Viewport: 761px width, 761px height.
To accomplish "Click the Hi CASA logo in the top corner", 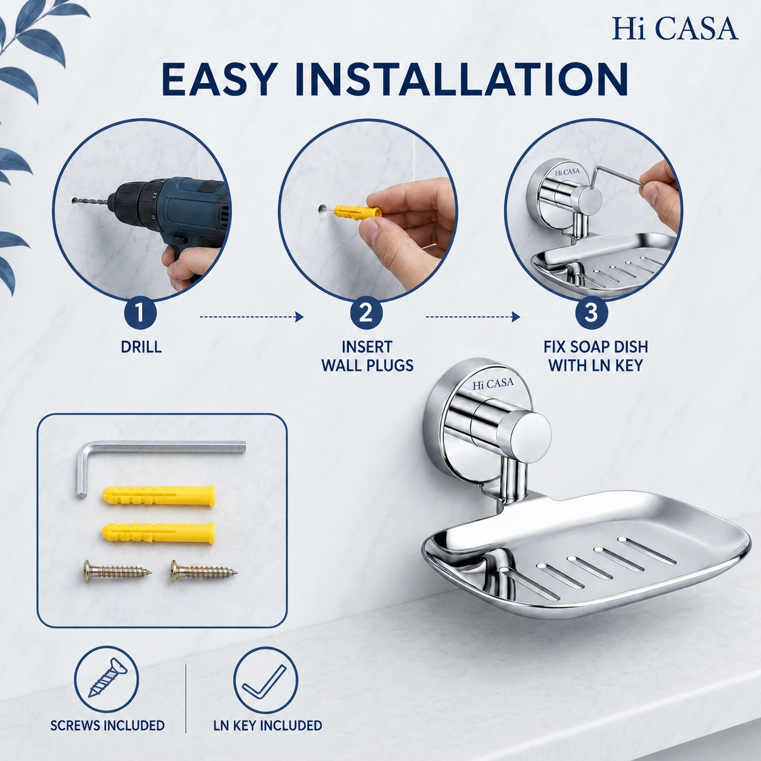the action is pos(675,29).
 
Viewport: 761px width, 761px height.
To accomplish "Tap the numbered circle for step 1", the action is pos(140,313).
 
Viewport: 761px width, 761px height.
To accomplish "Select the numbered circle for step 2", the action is pos(366,313).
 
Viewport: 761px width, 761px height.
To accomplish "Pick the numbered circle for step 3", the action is pos(591,313).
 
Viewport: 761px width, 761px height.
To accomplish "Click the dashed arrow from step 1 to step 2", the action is pos(252,317).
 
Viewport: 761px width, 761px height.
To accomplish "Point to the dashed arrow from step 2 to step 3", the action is pos(472,317).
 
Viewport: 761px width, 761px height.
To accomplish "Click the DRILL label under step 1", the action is pos(141,347).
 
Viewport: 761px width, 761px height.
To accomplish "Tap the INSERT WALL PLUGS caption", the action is pos(367,356).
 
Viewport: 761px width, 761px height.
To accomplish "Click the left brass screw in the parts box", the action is pos(118,570).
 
